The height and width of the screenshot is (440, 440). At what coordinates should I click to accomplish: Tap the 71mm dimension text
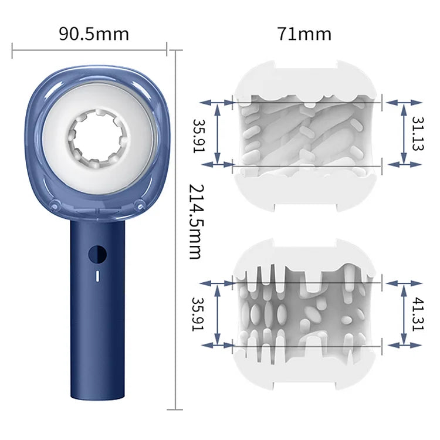pyautogui.click(x=304, y=33)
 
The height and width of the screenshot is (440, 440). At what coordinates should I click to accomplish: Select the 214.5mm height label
pyautogui.click(x=195, y=222)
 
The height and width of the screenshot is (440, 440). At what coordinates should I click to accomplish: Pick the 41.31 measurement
pyautogui.click(x=417, y=314)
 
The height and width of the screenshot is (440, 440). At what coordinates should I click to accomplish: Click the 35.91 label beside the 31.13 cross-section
pyautogui.click(x=199, y=135)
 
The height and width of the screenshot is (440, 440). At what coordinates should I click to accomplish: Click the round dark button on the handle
pyautogui.click(x=97, y=255)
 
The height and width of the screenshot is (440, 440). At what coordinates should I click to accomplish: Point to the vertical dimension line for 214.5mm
pyautogui.click(x=177, y=229)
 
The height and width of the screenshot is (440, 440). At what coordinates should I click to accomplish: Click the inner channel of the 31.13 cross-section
pyautogui.click(x=305, y=134)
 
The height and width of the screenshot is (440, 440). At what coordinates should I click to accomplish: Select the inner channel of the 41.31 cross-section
pyautogui.click(x=305, y=313)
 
